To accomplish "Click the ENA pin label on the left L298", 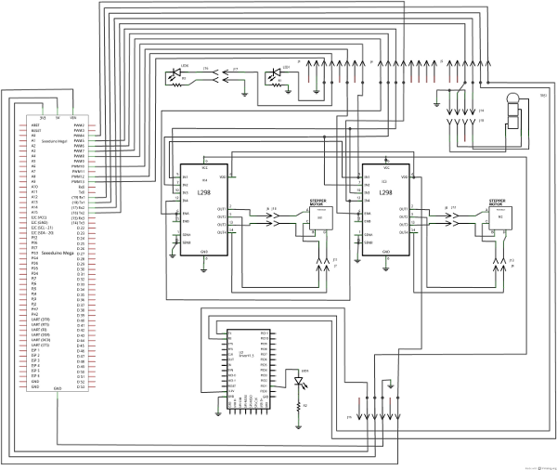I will pyautogui.click(x=186, y=214).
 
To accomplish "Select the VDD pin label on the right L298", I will pyautogui.click(x=403, y=176).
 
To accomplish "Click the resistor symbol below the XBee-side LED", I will pyautogui.click(x=299, y=406).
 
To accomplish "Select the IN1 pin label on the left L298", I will pyautogui.click(x=186, y=176).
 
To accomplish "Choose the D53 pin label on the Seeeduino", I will pyautogui.click(x=81, y=382).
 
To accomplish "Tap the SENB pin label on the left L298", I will pyautogui.click(x=187, y=242).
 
